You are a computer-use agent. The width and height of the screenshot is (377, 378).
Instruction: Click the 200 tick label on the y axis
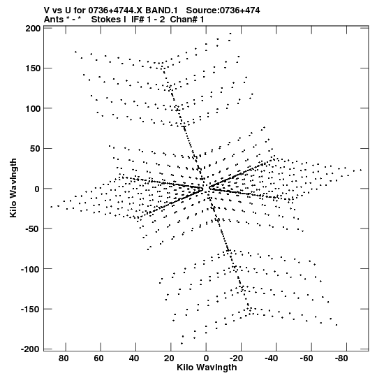(33, 29)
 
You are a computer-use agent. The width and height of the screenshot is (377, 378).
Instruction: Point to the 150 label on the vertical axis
(33, 68)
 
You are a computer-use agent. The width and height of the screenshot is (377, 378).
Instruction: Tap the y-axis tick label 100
(33, 108)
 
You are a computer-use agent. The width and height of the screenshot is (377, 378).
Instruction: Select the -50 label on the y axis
(33, 228)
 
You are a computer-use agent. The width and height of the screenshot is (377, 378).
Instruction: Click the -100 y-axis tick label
(31, 269)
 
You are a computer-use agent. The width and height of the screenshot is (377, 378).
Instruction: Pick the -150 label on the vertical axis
(31, 310)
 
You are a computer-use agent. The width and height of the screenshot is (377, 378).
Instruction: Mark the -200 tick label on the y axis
(31, 349)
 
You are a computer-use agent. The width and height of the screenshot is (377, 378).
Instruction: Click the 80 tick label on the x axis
(64, 358)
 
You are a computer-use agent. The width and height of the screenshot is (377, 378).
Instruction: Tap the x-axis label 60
(98, 358)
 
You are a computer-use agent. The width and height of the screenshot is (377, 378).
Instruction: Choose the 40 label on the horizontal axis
(134, 358)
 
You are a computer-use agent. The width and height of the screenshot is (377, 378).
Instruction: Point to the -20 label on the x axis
(237, 358)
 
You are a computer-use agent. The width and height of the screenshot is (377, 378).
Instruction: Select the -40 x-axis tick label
(272, 358)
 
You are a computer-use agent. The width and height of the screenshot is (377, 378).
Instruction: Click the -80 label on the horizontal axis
(341, 358)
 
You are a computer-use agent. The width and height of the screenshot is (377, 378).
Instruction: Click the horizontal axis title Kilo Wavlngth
(207, 368)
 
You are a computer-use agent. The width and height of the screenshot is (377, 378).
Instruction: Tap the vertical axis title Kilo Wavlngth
(14, 188)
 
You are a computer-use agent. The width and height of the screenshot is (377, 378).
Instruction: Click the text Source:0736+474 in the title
(223, 10)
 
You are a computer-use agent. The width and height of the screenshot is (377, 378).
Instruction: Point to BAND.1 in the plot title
(161, 10)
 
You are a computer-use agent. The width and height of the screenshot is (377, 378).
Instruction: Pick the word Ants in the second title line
(54, 20)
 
